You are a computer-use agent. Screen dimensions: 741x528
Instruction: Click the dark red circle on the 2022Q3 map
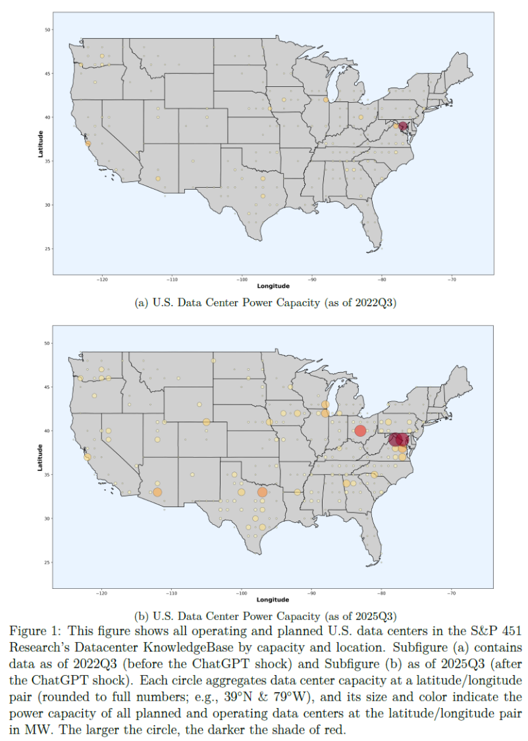403,126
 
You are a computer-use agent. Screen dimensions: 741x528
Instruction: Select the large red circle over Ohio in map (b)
359,431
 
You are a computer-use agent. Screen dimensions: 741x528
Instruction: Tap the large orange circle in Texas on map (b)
263,492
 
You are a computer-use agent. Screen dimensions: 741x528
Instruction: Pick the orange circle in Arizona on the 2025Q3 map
157,492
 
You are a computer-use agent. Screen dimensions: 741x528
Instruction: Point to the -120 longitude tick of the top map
102,279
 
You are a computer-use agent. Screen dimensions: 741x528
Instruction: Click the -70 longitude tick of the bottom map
452,593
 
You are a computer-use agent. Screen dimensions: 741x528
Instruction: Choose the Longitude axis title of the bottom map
273,600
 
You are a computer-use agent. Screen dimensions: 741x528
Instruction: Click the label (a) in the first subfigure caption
140,303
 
